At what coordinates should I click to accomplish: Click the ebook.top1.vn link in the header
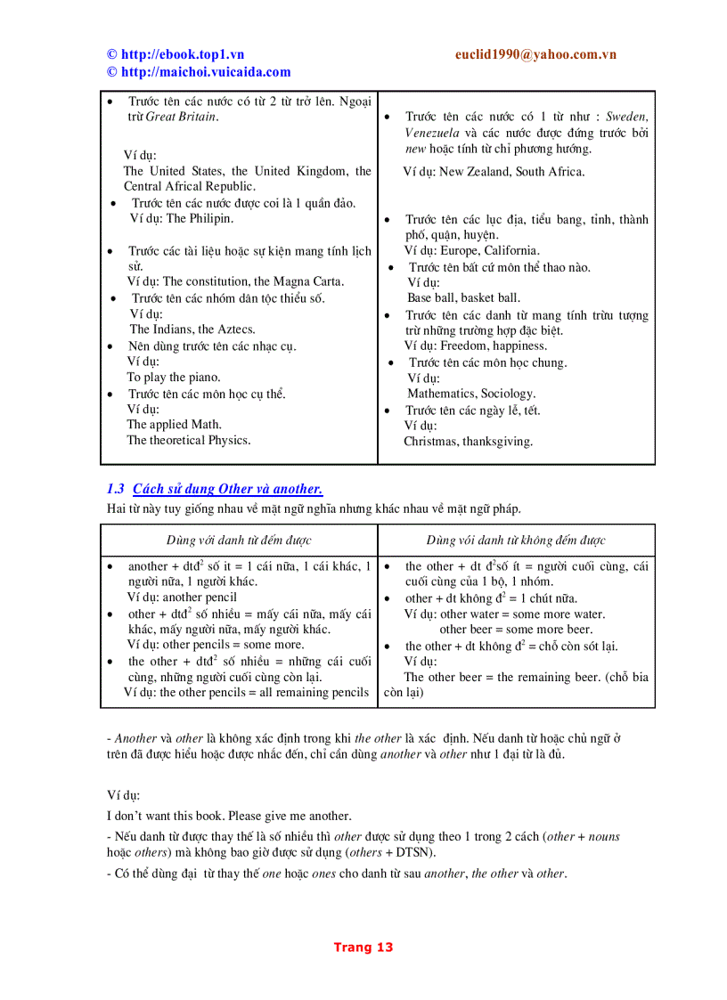[x=182, y=54]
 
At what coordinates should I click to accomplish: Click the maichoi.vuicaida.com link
[x=205, y=72]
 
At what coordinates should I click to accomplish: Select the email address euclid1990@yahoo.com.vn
[x=535, y=54]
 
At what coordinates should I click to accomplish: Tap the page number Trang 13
[x=363, y=947]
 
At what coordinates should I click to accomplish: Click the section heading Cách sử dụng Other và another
[x=227, y=489]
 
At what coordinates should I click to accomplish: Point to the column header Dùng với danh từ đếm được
[x=239, y=541]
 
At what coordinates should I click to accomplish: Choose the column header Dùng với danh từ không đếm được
[x=516, y=541]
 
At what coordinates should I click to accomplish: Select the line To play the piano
[x=173, y=378]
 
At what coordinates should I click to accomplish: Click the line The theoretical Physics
[x=188, y=440]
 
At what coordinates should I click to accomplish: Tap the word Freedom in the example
[x=463, y=346]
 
